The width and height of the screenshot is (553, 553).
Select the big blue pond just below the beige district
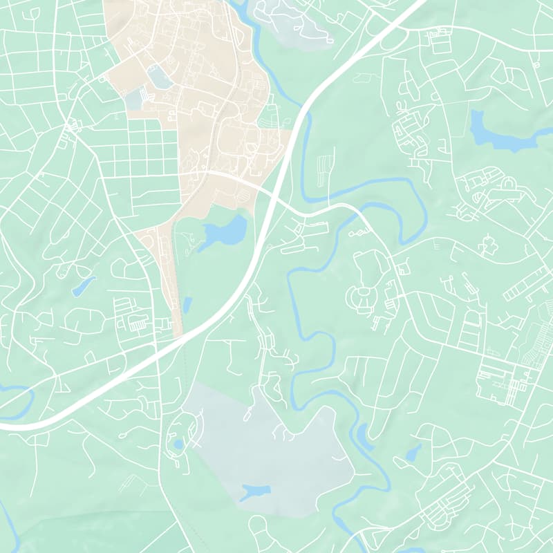coord(227,232)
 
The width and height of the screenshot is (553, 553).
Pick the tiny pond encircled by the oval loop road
coord(179,444)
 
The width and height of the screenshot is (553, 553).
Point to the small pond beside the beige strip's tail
coord(187,304)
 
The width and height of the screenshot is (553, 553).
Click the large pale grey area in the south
coord(270,449)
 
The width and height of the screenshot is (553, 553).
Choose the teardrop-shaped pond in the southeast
coord(413,453)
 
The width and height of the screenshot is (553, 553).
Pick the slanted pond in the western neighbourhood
coord(84,285)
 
